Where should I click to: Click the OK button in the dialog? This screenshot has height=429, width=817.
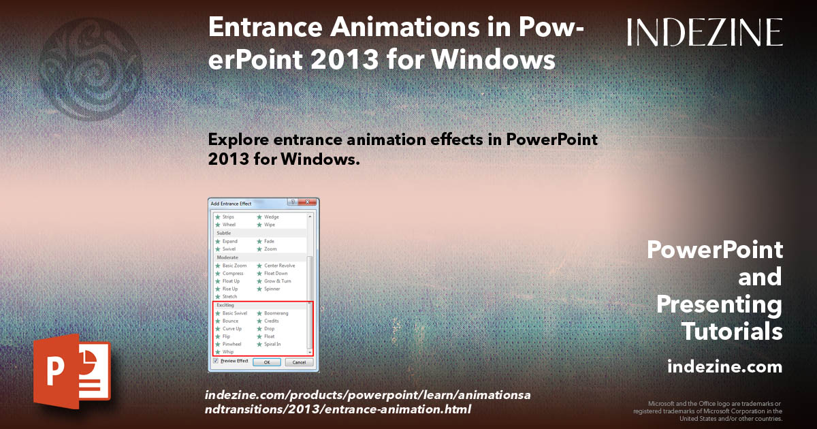(x=267, y=362)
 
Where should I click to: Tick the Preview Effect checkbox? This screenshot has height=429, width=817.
(x=216, y=361)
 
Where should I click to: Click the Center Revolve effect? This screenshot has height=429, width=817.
(x=279, y=266)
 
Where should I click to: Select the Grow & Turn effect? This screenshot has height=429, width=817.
(x=277, y=281)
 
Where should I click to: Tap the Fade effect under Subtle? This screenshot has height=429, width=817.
(x=269, y=241)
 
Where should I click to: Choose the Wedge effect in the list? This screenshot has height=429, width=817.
(x=271, y=217)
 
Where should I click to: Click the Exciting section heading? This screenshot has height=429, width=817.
(x=225, y=305)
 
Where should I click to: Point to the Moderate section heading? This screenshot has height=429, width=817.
(x=227, y=257)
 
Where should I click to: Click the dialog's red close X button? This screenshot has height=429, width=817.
(x=308, y=203)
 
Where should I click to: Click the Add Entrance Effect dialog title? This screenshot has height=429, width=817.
(x=231, y=204)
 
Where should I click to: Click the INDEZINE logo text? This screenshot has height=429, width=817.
(x=705, y=32)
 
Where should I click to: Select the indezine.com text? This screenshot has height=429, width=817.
(x=724, y=367)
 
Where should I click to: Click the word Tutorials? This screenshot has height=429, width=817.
(x=732, y=332)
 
